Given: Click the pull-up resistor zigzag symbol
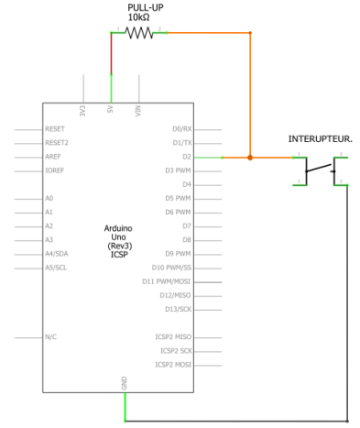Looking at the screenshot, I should tap(139, 33).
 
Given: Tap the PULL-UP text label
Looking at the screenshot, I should tap(145, 6).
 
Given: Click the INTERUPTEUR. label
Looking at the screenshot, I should tap(321, 139).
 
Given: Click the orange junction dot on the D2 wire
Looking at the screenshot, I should tap(250, 158).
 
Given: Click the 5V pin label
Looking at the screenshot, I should tap(111, 113).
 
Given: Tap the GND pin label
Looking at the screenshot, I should tap(125, 381).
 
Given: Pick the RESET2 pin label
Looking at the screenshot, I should tap(57, 143).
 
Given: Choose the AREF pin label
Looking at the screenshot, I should tap(53, 157).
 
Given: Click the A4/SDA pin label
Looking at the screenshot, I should tap(56, 254).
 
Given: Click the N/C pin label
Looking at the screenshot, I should tap(51, 337).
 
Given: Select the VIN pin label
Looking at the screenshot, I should tap(138, 112).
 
